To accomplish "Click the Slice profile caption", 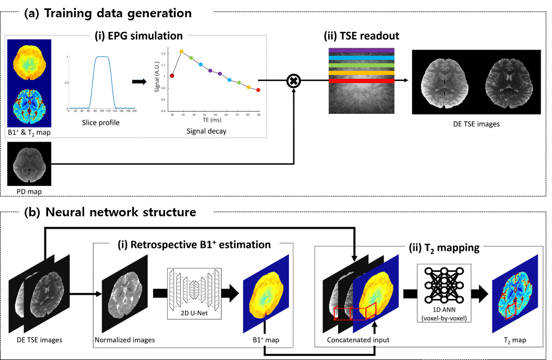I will [101, 123].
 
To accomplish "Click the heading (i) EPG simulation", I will [139, 36].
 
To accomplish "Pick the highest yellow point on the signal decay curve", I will [181, 52].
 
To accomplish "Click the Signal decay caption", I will [206, 131].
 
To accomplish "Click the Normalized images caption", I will [124, 340].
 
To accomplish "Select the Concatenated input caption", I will [358, 340].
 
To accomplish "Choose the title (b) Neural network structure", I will [110, 213].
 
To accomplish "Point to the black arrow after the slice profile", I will [139, 82].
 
